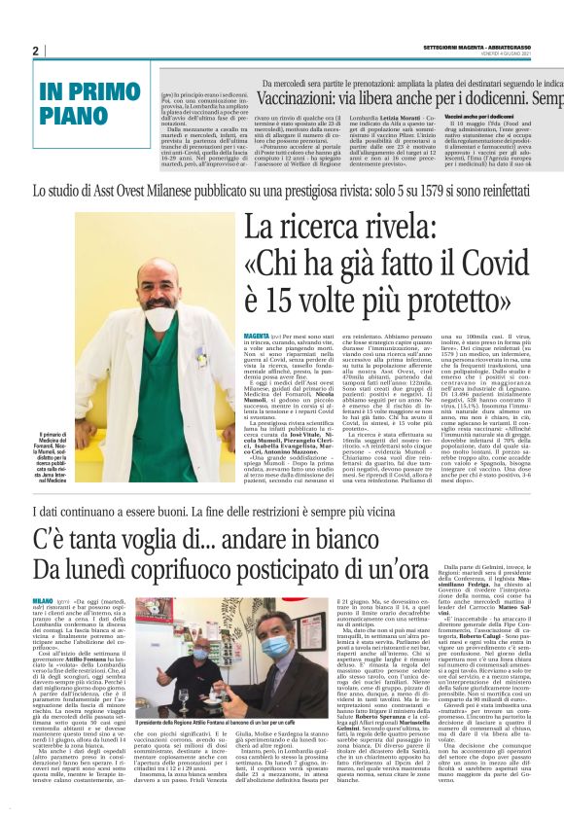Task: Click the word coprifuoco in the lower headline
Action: click(x=218, y=570)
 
